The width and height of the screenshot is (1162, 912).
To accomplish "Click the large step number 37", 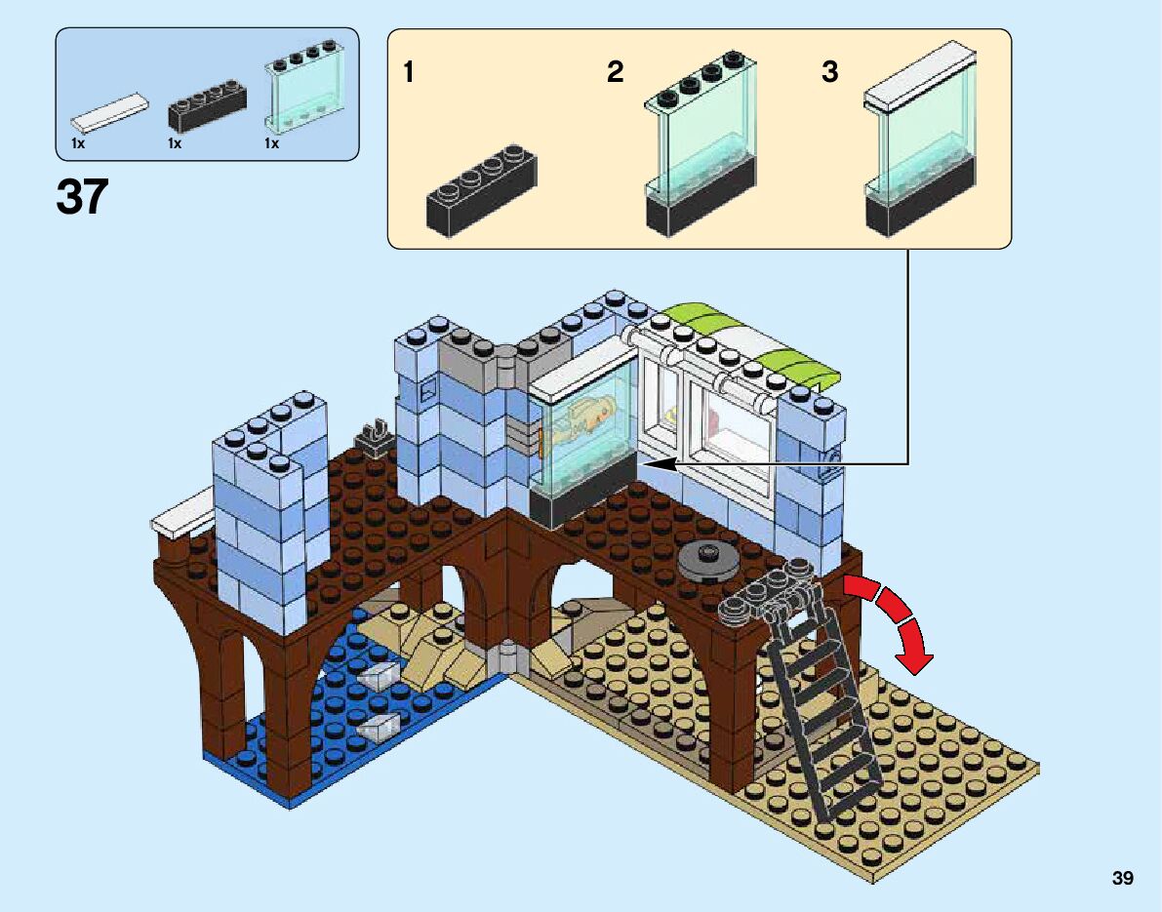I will point(82,198).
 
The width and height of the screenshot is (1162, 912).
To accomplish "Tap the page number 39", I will point(1122,879).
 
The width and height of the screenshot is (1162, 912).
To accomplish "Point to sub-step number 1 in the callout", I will point(410,72).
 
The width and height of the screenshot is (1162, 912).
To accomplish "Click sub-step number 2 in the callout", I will point(615,72).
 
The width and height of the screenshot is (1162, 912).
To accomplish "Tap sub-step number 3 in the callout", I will point(829,72).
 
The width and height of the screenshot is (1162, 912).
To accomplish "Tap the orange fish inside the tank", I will point(585,415).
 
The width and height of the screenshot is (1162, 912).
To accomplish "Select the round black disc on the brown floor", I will point(706,560).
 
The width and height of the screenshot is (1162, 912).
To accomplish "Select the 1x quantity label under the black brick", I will point(175,144).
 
